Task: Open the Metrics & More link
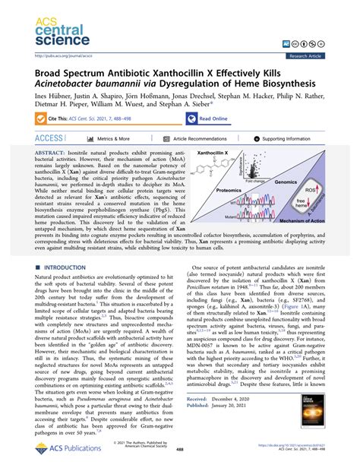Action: point(112,139)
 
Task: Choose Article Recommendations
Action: point(203,139)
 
